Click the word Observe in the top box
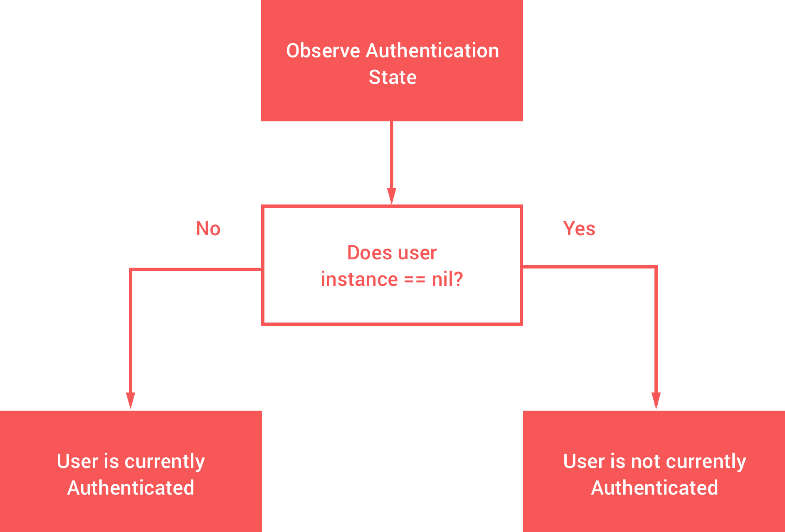(x=323, y=51)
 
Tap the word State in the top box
(x=392, y=77)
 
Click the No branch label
(x=208, y=229)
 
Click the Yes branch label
(x=579, y=229)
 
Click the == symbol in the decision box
(x=415, y=280)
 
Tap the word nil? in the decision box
(x=447, y=279)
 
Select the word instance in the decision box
(x=359, y=279)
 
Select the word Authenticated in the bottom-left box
(x=131, y=488)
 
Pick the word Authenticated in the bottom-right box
(x=654, y=488)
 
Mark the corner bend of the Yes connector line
(x=656, y=267)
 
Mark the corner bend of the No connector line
(x=131, y=270)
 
